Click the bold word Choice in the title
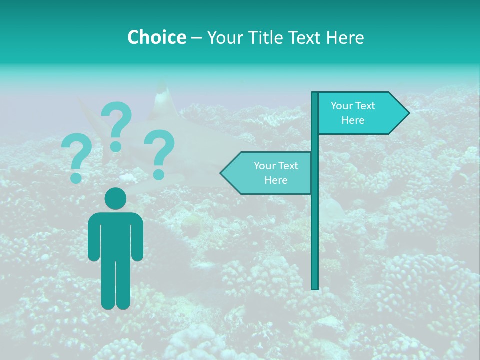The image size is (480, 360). coord(156,37)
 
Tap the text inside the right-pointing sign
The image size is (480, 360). coord(353,113)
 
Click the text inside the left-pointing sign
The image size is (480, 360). coord(276,173)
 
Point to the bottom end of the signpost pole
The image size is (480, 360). coord(315,287)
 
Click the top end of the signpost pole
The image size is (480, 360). coord(315,94)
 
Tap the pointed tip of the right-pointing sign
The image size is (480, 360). coord(408,113)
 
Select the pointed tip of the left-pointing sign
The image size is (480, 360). coord(221,173)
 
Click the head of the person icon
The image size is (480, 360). coord(115,198)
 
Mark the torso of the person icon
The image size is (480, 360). coord(115,235)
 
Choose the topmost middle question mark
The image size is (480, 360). coord(116,125)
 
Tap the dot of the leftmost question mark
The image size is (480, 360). coord(76,177)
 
